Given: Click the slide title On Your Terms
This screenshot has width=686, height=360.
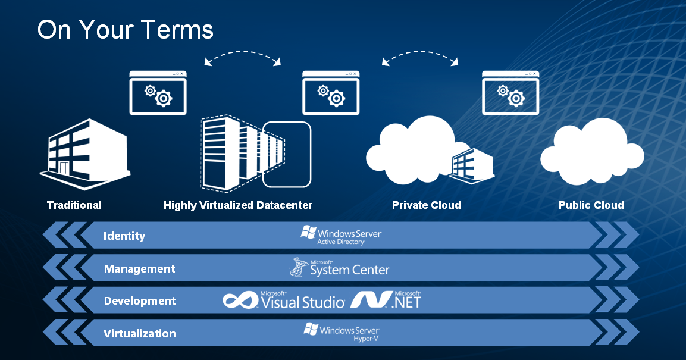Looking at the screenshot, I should pyautogui.click(x=125, y=30).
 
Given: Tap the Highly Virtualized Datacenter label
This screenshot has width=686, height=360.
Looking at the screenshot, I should pyautogui.click(x=238, y=205).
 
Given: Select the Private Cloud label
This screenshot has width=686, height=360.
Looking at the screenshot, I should pyautogui.click(x=426, y=205).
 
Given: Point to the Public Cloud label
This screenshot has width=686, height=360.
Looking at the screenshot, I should pyautogui.click(x=591, y=205).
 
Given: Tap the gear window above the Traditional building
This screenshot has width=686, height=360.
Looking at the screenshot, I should pyautogui.click(x=158, y=92).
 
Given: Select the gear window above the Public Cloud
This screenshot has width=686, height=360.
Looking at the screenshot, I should pyautogui.click(x=510, y=92).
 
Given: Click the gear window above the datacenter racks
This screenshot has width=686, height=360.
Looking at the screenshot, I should pyautogui.click(x=330, y=92).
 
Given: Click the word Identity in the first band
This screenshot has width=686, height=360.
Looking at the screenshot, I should pyautogui.click(x=124, y=236).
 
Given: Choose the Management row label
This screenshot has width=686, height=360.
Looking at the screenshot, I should pyautogui.click(x=139, y=269).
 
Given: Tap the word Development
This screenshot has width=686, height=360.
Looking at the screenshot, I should pyautogui.click(x=140, y=301).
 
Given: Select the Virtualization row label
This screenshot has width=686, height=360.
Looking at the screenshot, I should pyautogui.click(x=140, y=333).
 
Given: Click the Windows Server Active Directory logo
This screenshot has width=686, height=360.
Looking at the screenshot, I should pyautogui.click(x=341, y=236).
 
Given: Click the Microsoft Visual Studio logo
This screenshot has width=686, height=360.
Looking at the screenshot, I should pyautogui.click(x=284, y=300).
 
